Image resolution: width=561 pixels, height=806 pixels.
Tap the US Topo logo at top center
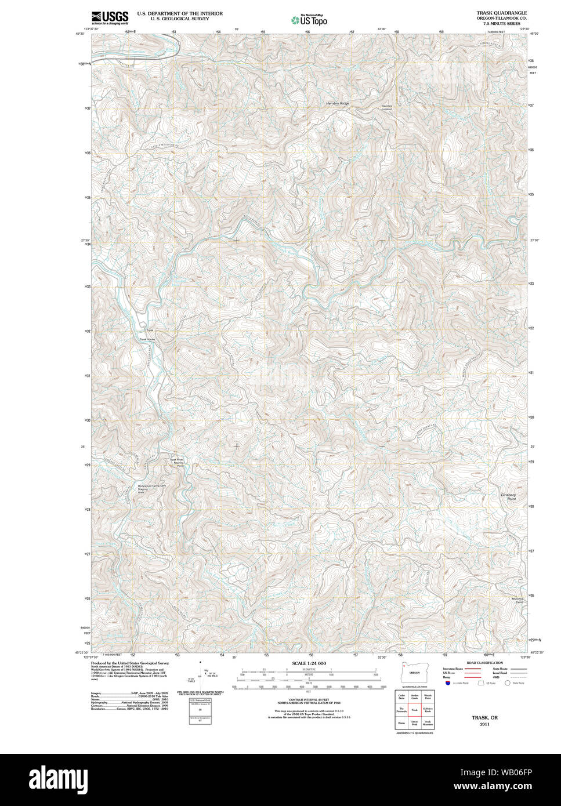coord(310,20)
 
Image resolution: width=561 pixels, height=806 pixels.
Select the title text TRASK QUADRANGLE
coord(502,12)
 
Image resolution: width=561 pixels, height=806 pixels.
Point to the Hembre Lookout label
coord(387,107)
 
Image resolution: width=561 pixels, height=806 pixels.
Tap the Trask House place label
coord(147,339)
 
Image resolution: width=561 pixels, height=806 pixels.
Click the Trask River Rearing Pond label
coord(176,463)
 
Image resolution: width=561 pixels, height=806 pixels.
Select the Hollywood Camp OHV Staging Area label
coord(151,488)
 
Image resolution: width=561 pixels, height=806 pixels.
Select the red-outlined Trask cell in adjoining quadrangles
coord(414,709)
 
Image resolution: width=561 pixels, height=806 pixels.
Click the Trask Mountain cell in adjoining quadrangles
coord(428,723)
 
